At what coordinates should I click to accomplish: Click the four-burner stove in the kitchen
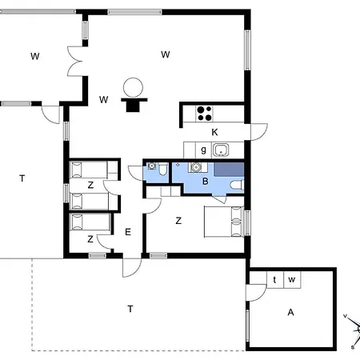tap(204, 114)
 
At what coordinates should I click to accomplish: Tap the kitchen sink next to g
tap(221, 150)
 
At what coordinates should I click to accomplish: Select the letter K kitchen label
tap(214, 132)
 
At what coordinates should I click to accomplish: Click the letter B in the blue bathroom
tap(205, 182)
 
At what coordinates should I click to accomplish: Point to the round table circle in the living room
tap(133, 87)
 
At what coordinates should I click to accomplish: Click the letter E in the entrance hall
tap(128, 232)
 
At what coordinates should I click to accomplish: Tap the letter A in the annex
tap(290, 312)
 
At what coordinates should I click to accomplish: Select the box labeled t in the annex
tap(275, 280)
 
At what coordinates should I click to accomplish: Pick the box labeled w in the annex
tap(292, 280)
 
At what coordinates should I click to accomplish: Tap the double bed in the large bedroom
tap(224, 222)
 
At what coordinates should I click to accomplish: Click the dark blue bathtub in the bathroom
tap(229, 170)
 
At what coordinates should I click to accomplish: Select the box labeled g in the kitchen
tap(203, 150)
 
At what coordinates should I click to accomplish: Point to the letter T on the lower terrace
tap(130, 309)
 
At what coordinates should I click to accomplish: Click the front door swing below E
tap(131, 267)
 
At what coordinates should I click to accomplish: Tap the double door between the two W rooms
tap(75, 62)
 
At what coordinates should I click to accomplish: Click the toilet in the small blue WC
tap(162, 169)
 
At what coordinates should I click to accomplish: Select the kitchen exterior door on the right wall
tap(258, 132)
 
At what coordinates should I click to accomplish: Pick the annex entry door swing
tap(256, 293)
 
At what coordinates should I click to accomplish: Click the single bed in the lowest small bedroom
tap(90, 222)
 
